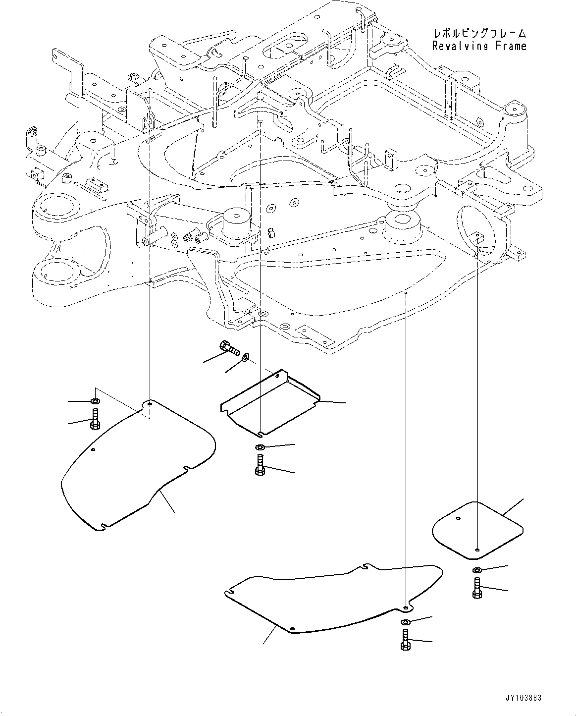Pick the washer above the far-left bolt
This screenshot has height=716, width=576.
(x=94, y=400)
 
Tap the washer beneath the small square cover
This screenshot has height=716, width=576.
(x=476, y=570)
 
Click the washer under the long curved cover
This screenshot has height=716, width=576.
(x=405, y=622)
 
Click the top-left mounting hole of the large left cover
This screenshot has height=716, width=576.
(x=149, y=404)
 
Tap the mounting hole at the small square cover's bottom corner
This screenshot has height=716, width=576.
(x=476, y=550)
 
